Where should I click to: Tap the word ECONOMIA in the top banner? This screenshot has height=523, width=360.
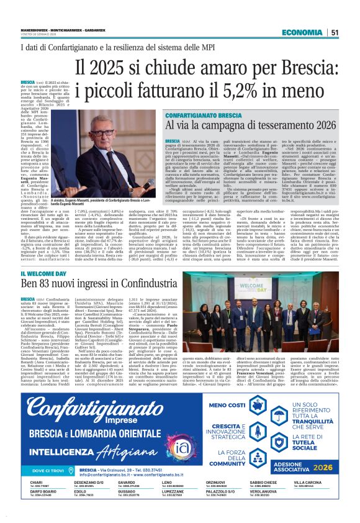pyautogui.click(x=302, y=32)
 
